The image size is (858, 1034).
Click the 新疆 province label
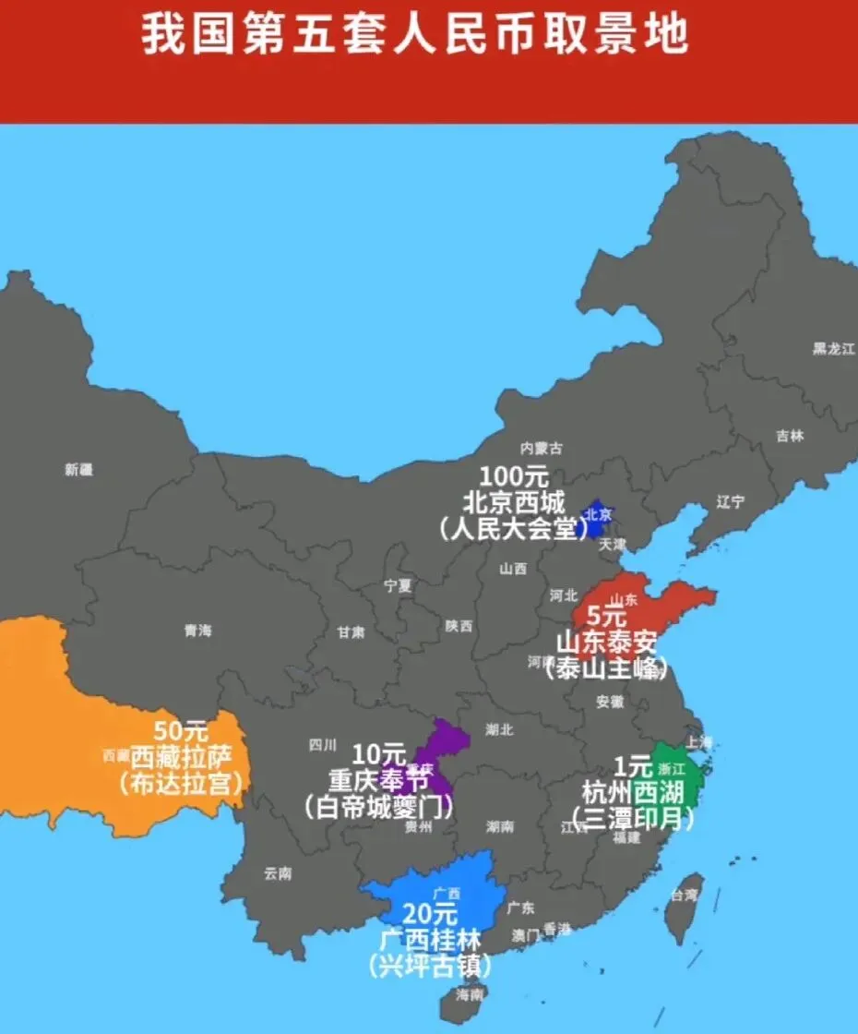[x=78, y=469]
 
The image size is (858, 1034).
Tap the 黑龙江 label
[x=834, y=348]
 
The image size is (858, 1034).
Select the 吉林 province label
[x=790, y=436]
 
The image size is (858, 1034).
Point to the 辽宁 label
[x=730, y=502]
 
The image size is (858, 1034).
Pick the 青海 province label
[x=197, y=631]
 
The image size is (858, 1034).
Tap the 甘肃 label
[x=351, y=632]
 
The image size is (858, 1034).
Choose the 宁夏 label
[x=399, y=584]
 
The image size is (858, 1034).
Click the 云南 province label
[x=278, y=872]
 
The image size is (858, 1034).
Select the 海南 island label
[x=470, y=994]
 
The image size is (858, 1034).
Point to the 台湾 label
[x=685, y=895]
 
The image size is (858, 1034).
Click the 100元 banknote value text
[x=514, y=477]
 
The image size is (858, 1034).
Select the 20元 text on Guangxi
[x=430, y=915]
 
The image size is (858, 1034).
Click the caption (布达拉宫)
[x=181, y=784]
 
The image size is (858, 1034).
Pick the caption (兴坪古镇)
[x=430, y=967]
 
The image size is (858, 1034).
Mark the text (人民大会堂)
[x=514, y=529]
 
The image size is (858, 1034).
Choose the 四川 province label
[x=323, y=745]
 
